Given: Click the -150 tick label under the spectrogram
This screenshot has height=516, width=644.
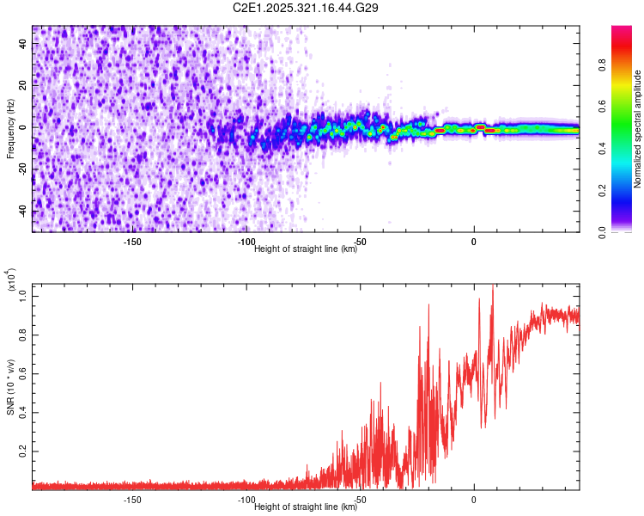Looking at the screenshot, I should click(x=132, y=242).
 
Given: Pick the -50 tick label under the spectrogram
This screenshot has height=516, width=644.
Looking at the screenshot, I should click(x=361, y=242).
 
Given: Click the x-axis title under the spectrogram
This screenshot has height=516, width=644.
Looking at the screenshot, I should click(x=306, y=249).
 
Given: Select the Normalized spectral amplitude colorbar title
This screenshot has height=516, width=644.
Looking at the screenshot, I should click(x=637, y=129).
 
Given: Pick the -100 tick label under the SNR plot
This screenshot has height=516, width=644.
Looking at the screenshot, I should click(x=246, y=500).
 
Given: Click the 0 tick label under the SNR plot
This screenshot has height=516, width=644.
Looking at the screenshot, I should click(x=474, y=500).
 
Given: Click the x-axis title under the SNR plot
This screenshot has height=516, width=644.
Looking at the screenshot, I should click(x=306, y=507).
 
